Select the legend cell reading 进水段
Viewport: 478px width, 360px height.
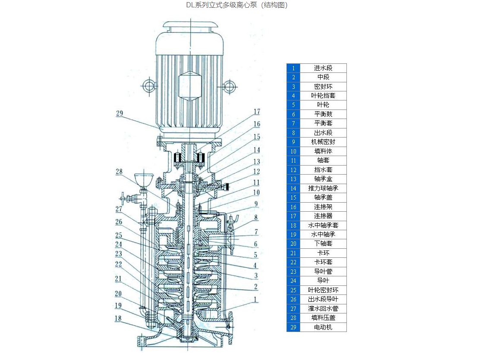323,68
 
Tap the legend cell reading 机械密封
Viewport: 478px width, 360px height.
323,142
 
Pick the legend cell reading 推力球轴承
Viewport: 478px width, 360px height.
323,188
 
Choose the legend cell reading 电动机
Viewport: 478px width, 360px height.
323,327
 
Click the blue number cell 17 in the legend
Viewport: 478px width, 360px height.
293,216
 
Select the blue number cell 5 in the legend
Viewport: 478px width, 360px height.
293,105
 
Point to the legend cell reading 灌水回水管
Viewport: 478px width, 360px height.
323,309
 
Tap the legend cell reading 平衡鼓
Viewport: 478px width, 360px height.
323,114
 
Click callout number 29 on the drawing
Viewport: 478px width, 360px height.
119,114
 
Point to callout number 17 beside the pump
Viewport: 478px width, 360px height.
257,112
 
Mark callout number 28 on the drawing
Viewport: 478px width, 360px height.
119,172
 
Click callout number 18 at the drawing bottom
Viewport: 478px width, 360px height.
118,319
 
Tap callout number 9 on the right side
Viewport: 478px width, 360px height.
256,204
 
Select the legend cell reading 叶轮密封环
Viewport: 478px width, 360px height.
323,290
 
